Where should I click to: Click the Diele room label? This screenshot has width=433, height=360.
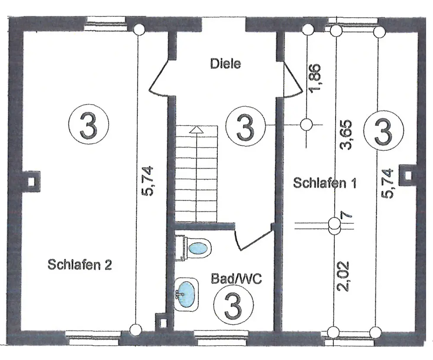pos(225,64)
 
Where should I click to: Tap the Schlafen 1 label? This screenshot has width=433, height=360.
pos(325,183)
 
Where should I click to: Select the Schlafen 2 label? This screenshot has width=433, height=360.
pos(80,265)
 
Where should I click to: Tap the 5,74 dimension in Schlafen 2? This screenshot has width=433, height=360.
pos(147,181)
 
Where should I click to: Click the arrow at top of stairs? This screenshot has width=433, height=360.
pos(197,129)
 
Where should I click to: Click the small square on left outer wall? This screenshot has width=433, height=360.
pos(31,181)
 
